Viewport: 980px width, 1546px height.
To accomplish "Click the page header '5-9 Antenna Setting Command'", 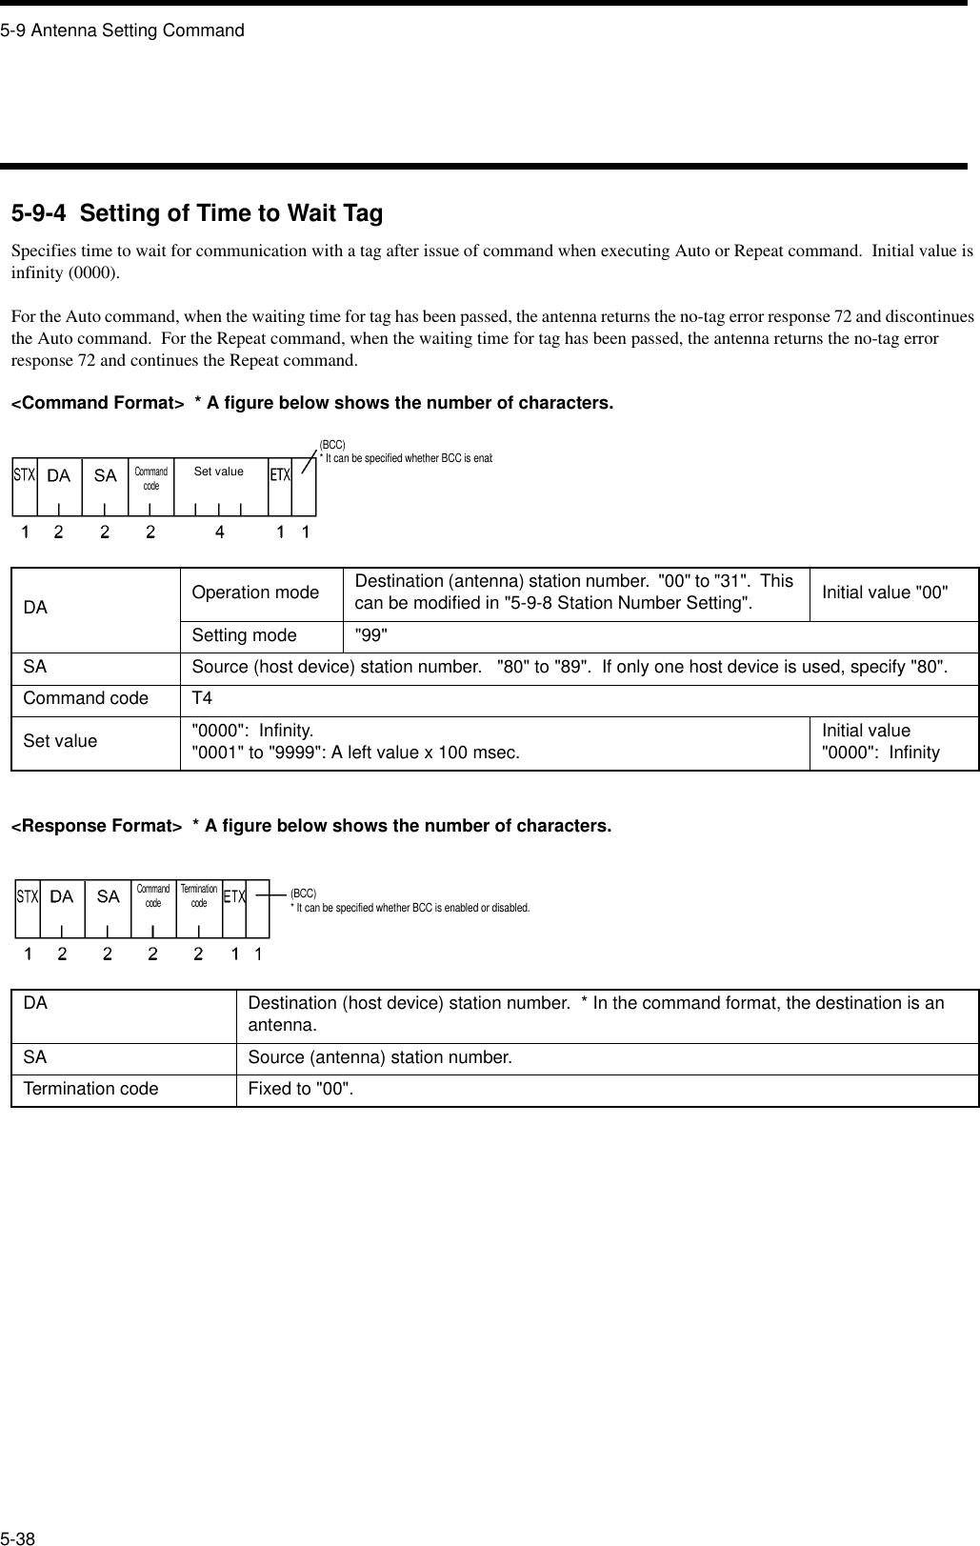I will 123,30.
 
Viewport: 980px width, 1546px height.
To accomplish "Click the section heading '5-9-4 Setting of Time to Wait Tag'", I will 197,213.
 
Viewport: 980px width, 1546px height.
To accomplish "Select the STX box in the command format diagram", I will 25,474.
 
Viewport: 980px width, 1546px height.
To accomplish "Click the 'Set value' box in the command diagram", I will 219,472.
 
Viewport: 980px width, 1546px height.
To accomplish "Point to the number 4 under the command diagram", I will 220,533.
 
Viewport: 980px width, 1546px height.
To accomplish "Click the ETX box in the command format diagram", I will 279,474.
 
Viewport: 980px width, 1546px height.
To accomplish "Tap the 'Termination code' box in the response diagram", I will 199,895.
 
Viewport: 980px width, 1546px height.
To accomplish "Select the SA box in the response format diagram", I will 109,896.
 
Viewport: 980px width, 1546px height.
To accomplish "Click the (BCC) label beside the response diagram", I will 304,893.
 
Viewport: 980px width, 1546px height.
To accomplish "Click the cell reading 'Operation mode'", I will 255,592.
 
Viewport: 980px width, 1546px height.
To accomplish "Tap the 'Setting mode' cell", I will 244,634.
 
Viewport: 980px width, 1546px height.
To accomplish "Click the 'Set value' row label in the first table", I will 60,714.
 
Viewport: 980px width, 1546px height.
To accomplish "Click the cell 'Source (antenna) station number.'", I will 380,1057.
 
